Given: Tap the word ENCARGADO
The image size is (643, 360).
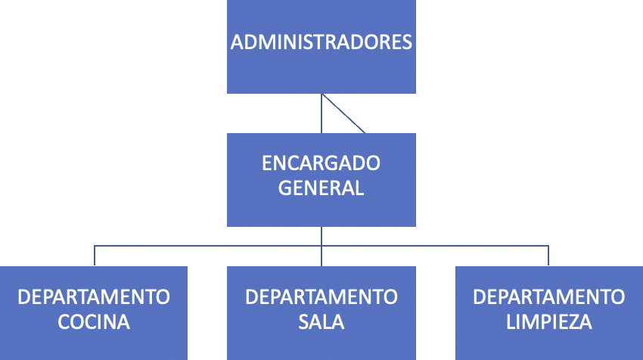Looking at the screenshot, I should coord(321,163).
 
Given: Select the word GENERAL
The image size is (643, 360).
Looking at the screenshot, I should coord(321,188).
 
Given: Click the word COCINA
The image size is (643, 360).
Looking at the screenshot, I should coord(94,321).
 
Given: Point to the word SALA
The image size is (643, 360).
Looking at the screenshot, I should coord(321,321).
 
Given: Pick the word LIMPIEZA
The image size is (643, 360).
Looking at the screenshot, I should coord(548,321).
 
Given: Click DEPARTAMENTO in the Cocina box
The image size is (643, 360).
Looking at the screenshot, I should coord(94,296).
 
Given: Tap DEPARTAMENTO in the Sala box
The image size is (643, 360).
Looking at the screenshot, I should coord(321,296).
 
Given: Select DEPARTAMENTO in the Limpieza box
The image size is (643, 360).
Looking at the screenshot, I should coord(548,296).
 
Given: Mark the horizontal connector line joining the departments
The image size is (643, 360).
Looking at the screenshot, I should coord(208,245).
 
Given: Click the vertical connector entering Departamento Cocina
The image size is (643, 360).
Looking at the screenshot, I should coord(95,256).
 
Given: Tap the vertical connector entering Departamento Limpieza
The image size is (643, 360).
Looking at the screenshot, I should coord(548,256).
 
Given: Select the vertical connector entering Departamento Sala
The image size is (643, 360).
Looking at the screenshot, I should coord(321,256).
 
